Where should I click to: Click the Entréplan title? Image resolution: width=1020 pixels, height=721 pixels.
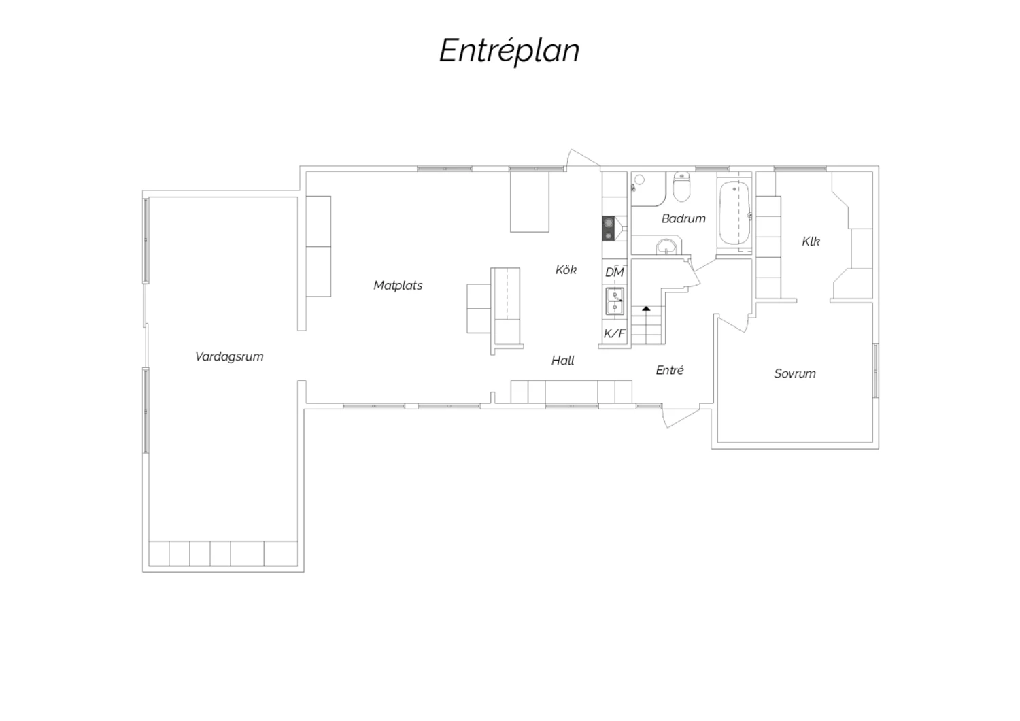(509, 51)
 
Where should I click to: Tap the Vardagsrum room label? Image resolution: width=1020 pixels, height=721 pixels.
(229, 356)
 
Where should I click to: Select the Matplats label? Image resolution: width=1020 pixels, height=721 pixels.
(398, 286)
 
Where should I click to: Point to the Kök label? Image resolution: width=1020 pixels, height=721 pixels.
(566, 269)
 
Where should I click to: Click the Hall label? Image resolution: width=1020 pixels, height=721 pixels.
(563, 360)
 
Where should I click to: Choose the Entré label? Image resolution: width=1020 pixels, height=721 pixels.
(669, 370)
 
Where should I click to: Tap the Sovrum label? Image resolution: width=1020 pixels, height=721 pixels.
(795, 373)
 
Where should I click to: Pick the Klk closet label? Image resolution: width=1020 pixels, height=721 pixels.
(811, 241)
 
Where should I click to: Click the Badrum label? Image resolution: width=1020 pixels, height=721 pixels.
(683, 218)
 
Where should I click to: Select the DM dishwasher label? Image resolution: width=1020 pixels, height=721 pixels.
(614, 272)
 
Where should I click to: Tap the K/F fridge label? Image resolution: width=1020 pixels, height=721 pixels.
(614, 333)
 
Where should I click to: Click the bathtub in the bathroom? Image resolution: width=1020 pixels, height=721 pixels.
(734, 213)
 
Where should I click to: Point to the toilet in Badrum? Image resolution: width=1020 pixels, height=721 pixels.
(681, 187)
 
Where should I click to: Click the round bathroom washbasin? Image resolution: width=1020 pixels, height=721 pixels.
(667, 247)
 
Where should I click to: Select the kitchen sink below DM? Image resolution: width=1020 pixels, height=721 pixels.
(614, 301)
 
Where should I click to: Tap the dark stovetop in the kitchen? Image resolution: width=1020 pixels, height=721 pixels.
(609, 229)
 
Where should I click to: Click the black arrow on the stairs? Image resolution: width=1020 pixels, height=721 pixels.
(646, 309)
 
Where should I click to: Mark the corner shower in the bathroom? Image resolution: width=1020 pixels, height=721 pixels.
(648, 189)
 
